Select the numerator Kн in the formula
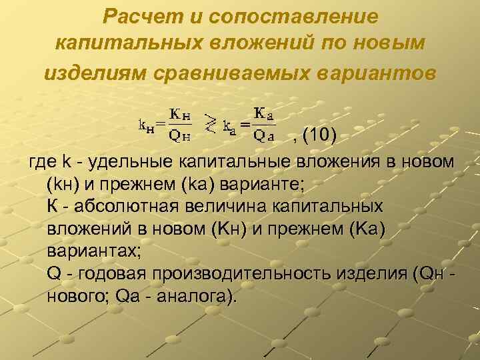click(178, 113)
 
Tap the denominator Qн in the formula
click(178, 137)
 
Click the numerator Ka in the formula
click(265, 113)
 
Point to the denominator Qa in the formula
click(265, 137)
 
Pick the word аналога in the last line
click(195, 295)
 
